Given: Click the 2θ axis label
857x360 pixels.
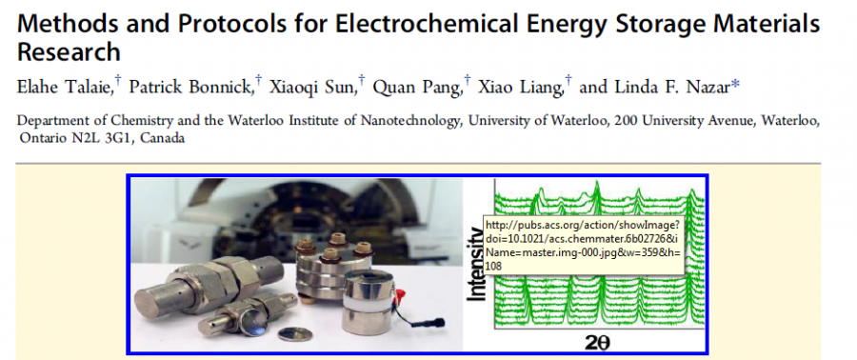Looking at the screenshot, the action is (595, 343).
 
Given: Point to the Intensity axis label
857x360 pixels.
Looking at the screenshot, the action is (477, 264).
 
